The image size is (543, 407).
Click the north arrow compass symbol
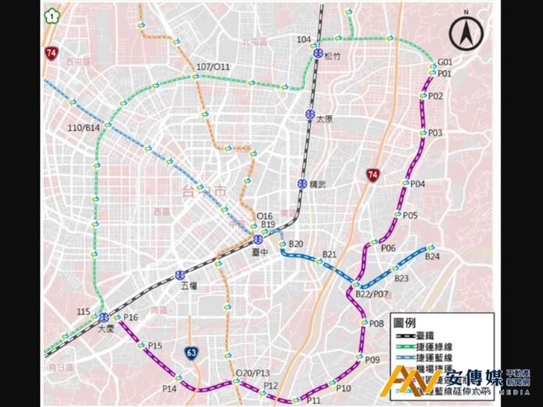[x=466, y=34]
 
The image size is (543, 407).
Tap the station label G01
[x=445, y=62]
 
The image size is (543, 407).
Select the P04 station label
[x=417, y=184]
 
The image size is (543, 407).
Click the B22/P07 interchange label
[x=371, y=294]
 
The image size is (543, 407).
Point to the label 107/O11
[x=213, y=67]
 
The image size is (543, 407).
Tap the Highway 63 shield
[x=191, y=353]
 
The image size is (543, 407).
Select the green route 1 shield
[x=51, y=14]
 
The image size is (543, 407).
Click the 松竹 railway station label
[x=332, y=55]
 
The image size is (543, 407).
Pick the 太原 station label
[x=324, y=119]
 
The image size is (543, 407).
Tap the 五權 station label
[x=188, y=287]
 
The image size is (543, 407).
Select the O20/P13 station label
[x=252, y=373]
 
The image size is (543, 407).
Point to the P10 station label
[x=344, y=388]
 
